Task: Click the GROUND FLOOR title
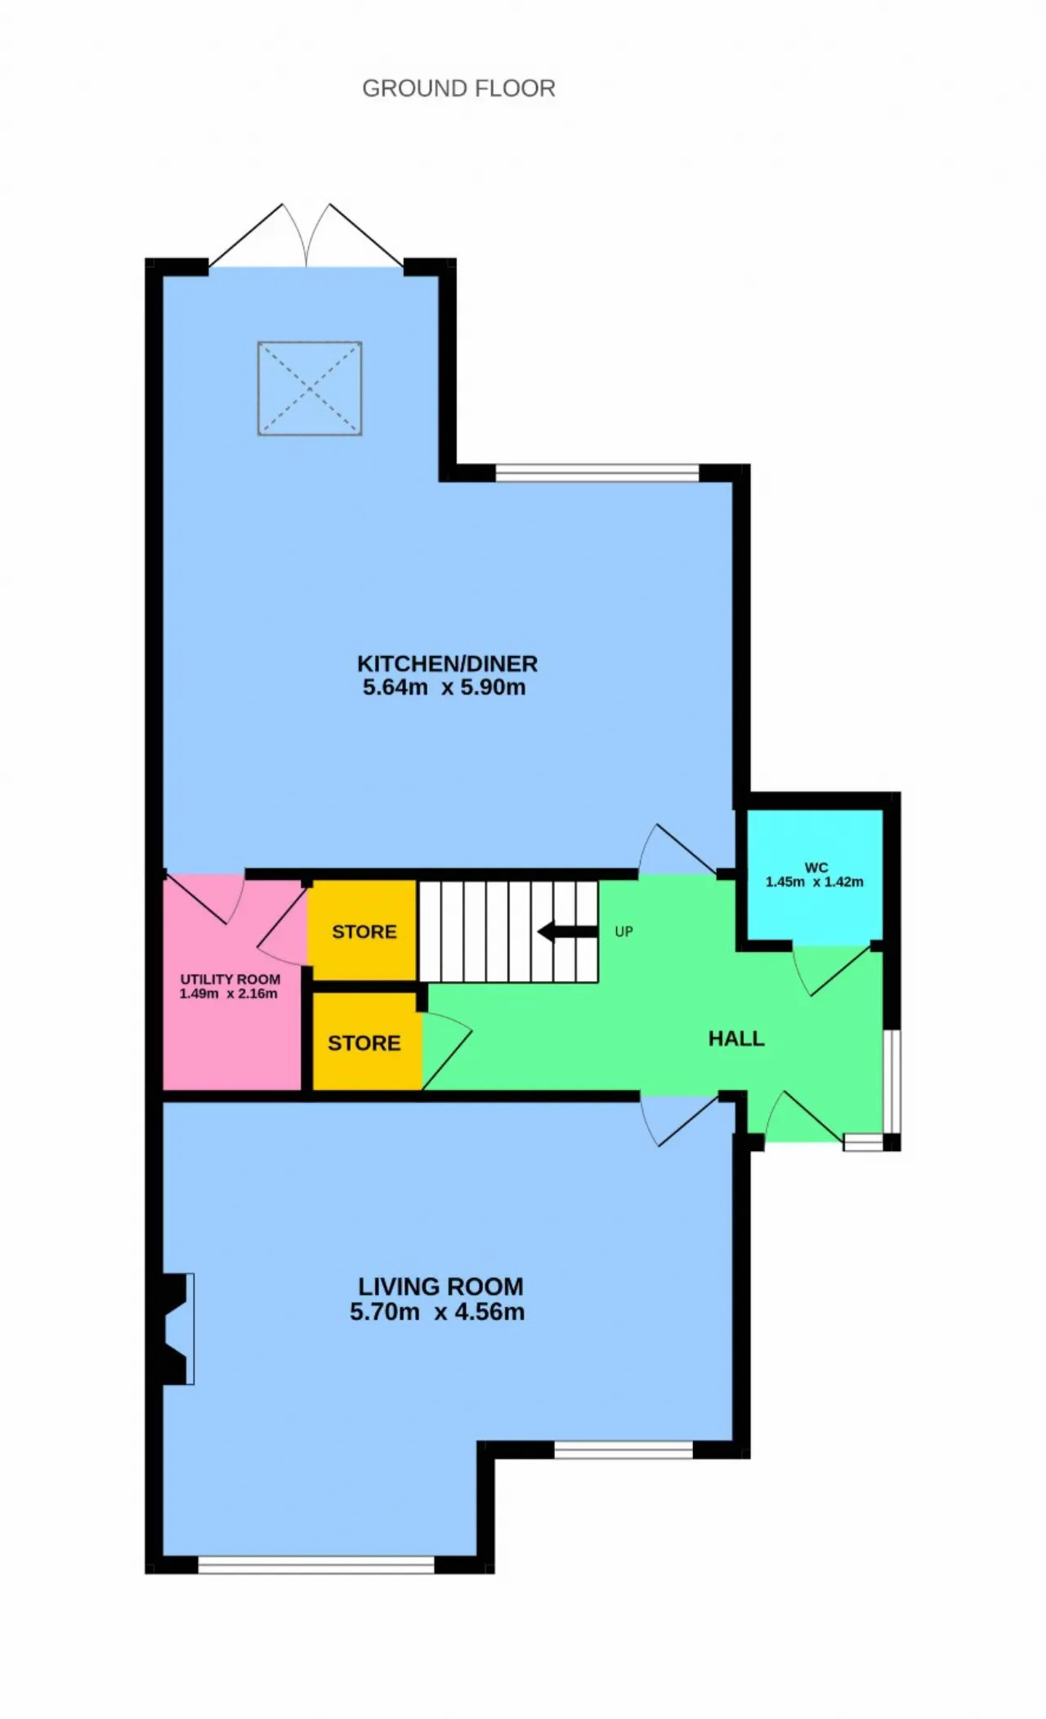tap(458, 88)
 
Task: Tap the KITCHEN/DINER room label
tap(447, 663)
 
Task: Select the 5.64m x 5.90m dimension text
tap(444, 687)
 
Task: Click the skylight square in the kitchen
tap(310, 388)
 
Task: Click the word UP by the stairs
tap(624, 931)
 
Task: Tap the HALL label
tap(736, 1038)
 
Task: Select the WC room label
tap(816, 868)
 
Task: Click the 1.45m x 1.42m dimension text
tap(814, 882)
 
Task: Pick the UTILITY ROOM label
tap(230, 979)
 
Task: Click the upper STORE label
tap(364, 932)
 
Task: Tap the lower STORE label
tap(364, 1043)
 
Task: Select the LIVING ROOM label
tap(440, 1287)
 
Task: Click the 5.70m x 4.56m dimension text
tap(437, 1312)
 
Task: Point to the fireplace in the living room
tap(178, 1328)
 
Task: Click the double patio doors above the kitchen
tap(306, 236)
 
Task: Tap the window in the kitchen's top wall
tap(597, 473)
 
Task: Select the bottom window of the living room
tap(316, 1565)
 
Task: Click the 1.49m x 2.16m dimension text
tap(229, 993)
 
